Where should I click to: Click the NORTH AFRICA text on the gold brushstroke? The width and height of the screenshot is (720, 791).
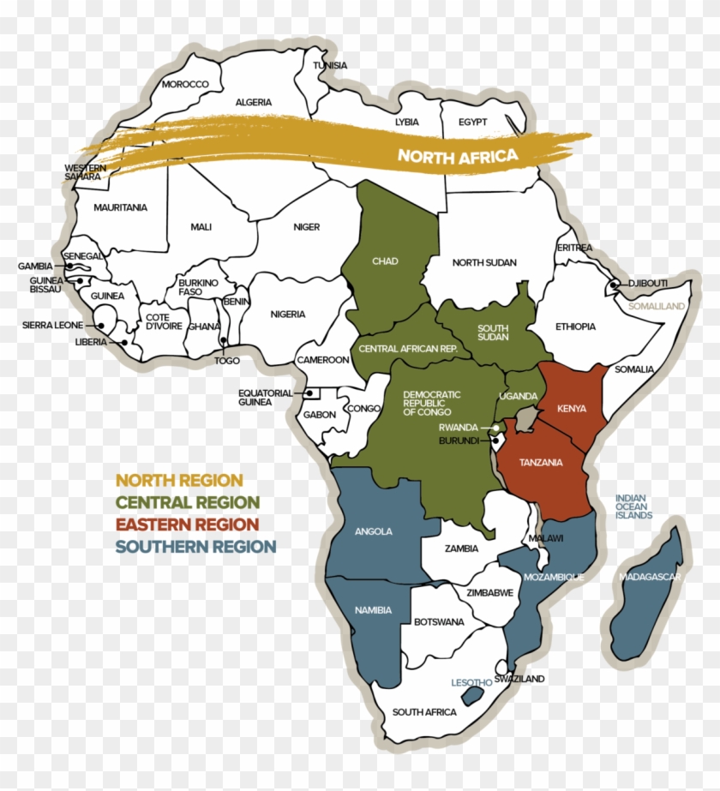457,156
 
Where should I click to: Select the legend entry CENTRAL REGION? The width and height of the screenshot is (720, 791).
188,502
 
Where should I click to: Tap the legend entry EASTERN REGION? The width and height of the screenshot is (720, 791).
187,524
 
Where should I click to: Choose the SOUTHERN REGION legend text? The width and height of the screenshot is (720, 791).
196,547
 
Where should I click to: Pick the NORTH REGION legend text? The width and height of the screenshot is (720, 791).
179,481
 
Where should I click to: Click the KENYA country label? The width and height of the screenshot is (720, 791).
572,409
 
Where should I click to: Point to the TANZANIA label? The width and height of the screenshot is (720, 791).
541,463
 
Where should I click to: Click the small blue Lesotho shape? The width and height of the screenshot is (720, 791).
471,695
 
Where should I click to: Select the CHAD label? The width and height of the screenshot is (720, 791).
385,261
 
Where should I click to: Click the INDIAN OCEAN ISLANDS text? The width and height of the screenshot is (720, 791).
633,506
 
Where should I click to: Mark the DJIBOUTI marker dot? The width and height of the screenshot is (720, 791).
615,285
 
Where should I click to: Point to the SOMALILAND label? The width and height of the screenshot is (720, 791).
657,306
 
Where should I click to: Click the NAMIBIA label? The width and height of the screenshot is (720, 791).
373,610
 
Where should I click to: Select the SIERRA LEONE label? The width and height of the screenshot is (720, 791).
52,326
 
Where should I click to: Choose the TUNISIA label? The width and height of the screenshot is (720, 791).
330,66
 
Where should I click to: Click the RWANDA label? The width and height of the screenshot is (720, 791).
459,427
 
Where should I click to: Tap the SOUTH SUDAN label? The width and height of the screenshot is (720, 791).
493,333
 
